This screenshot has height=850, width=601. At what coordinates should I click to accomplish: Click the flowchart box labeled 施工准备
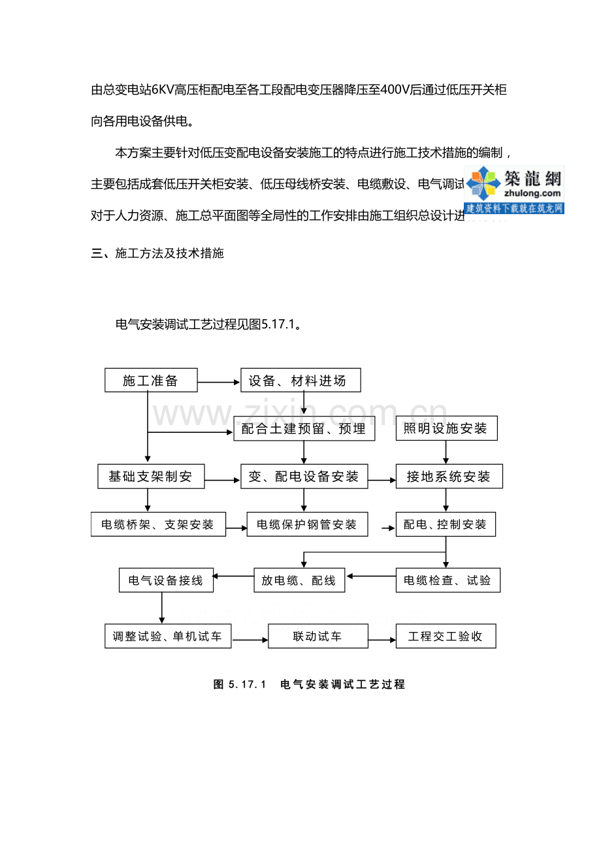coord(151,381)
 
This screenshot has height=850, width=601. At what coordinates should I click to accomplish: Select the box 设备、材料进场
coord(300,381)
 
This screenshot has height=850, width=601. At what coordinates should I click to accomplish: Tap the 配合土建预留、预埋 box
coord(304,429)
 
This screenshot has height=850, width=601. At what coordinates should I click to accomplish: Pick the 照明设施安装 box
coord(446,428)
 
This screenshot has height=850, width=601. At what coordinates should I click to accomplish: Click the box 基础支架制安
coord(151,477)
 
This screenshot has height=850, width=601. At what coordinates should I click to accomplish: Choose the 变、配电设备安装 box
coord(304,477)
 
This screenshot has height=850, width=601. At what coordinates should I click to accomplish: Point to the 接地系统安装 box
coord(449,477)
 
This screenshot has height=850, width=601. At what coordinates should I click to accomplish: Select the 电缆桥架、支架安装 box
coord(158,524)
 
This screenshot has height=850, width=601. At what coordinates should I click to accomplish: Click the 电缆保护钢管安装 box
coord(307,524)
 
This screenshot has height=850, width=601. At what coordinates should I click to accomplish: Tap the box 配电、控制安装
coord(446,524)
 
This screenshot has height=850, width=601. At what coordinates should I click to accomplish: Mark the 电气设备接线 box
coord(166,580)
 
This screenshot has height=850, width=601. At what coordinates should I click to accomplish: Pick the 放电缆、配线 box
coord(299,580)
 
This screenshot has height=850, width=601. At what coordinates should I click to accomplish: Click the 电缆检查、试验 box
coord(448,580)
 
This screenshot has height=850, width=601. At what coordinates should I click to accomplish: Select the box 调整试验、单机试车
coord(168,637)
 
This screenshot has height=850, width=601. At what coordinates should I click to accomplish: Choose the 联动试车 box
coord(318,637)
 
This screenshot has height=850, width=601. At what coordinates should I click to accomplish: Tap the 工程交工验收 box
coord(446,637)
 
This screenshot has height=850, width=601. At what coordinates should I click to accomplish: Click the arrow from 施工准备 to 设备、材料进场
coord(219,382)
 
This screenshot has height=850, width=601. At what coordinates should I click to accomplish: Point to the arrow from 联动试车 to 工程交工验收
coord(382,638)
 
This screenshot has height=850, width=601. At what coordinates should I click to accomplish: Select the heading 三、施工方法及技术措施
coord(157,253)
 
